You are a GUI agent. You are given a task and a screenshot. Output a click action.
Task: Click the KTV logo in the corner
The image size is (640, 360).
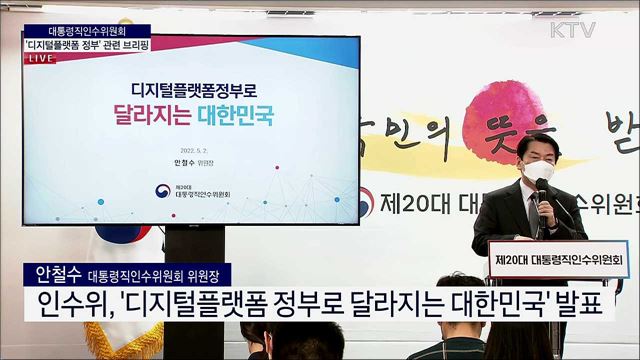[573, 29]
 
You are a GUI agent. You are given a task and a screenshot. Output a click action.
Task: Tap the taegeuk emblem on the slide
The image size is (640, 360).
[161, 190]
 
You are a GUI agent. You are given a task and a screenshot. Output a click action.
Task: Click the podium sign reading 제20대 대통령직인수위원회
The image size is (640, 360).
[558, 259]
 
